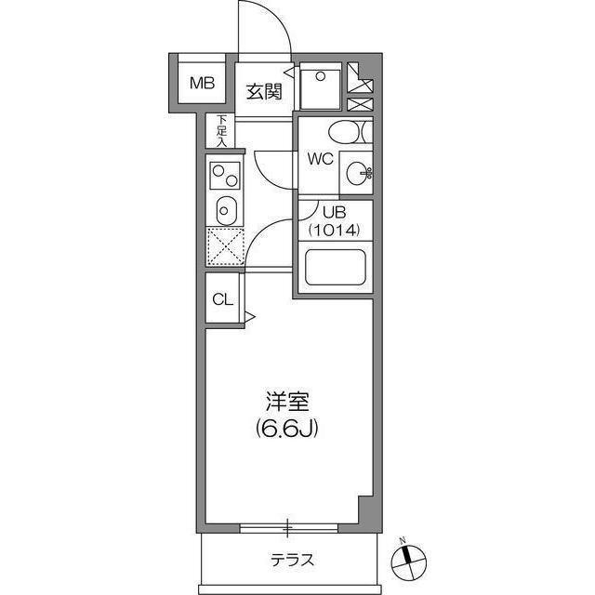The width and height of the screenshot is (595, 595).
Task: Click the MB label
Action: [202, 84]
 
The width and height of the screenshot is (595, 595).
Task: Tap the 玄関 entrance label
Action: [264, 91]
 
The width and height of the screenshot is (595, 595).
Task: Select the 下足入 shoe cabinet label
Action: [221, 129]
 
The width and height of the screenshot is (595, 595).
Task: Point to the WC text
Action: [320, 158]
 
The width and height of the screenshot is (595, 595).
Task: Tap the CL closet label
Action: [221, 299]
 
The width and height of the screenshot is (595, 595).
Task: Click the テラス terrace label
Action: [292, 561]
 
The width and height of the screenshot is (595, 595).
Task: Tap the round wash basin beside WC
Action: [356, 172]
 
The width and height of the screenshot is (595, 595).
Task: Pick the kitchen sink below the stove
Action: [224, 210]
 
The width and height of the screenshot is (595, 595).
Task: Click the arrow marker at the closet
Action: [249, 317]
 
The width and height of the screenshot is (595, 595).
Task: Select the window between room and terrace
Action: [287, 529]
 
